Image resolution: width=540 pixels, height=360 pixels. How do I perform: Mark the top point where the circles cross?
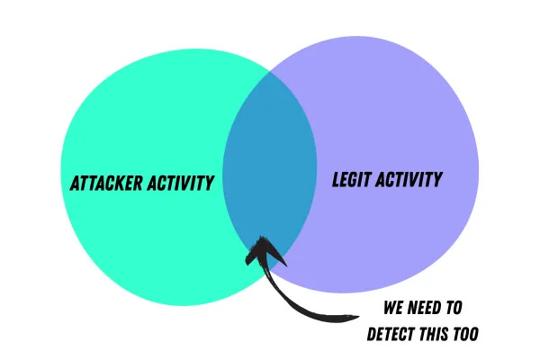pos(274,70)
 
